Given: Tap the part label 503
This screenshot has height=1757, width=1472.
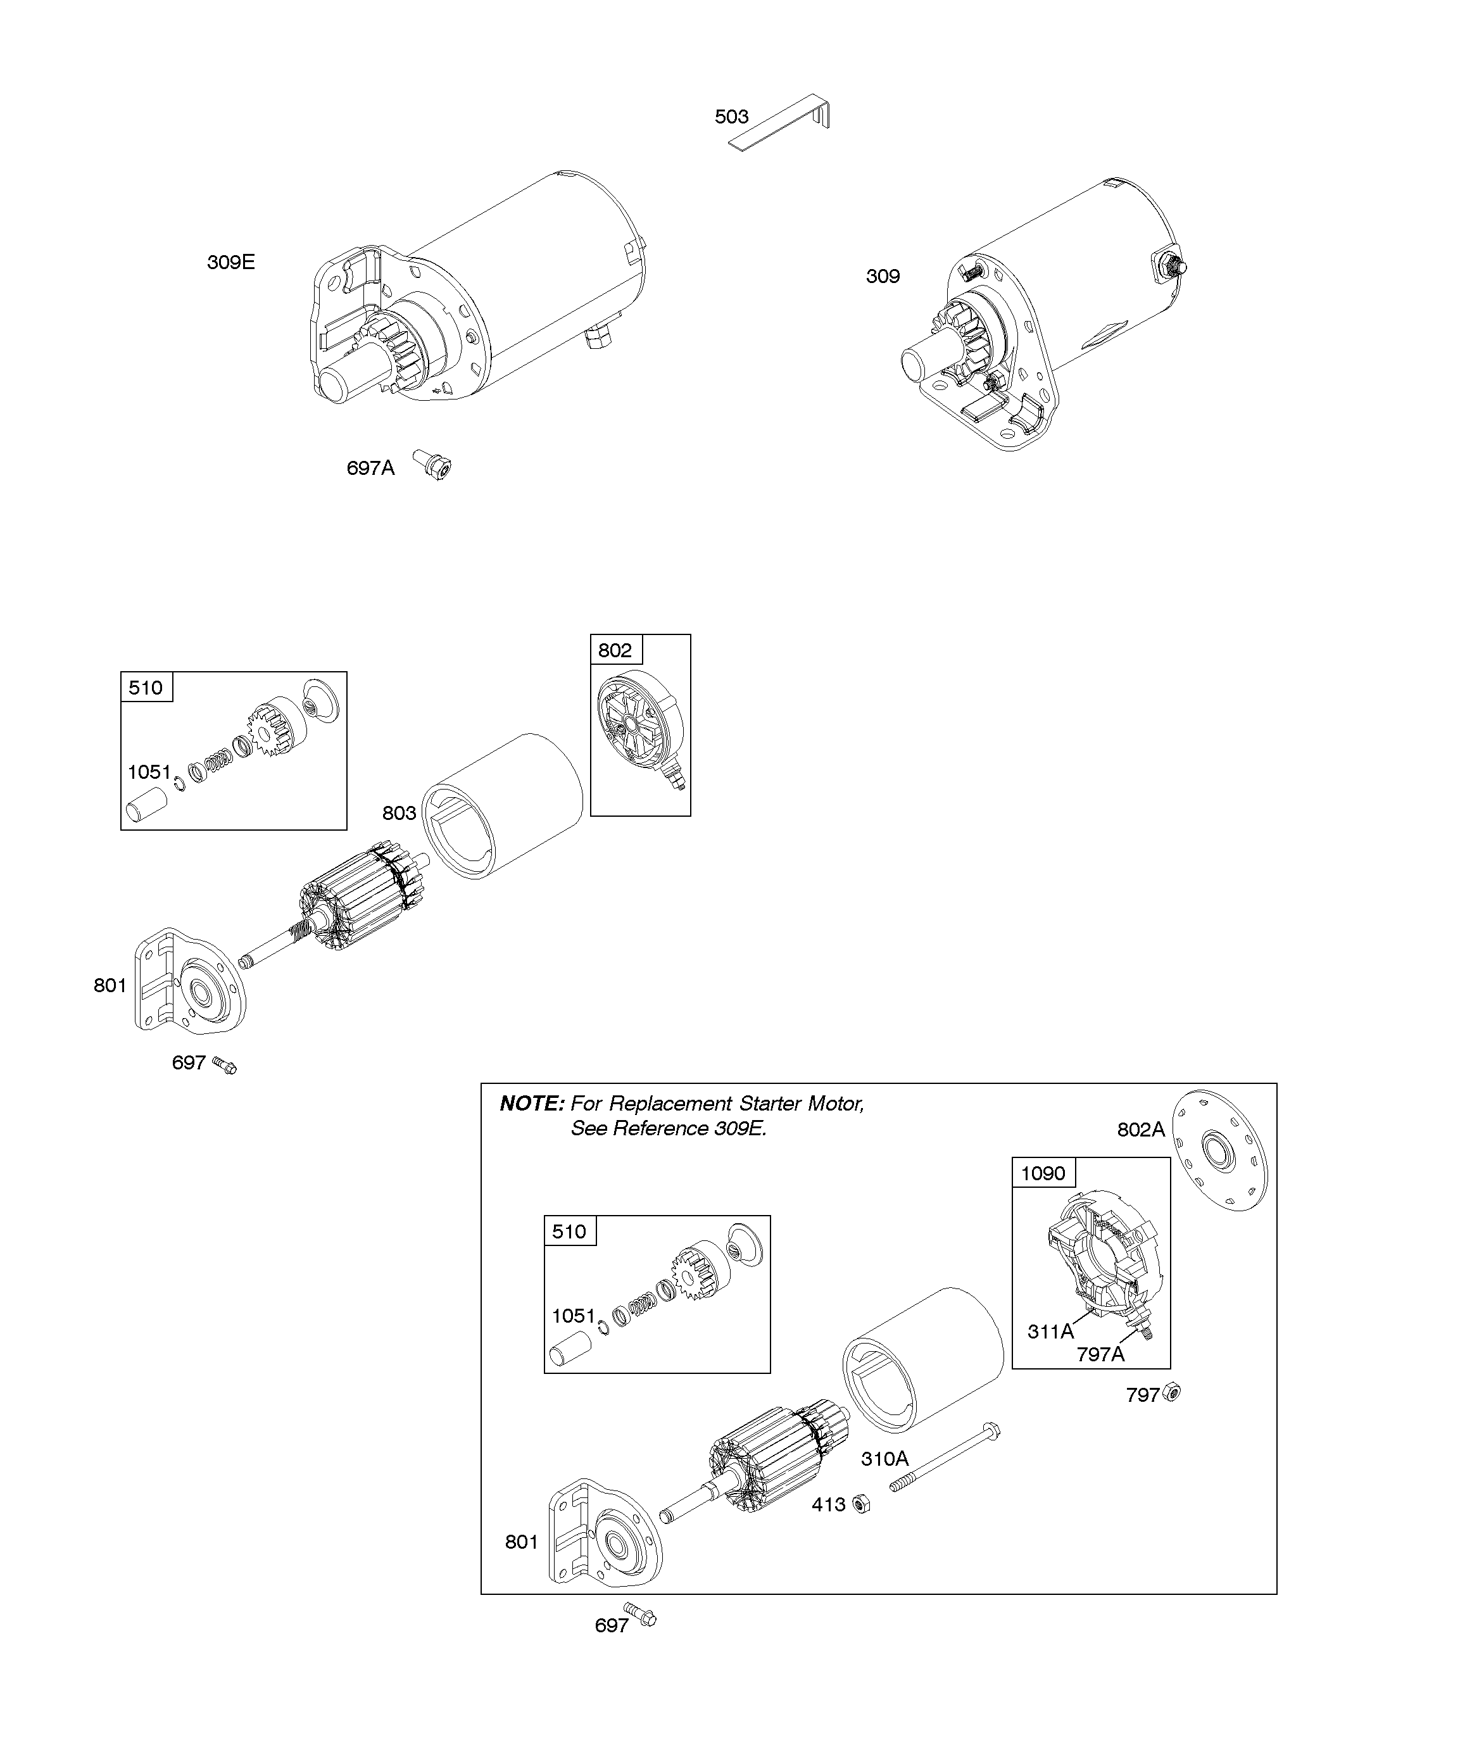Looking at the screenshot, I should click(731, 117).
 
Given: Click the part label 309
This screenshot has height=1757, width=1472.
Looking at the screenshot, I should click(882, 276).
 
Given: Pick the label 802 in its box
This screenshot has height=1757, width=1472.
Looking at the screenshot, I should click(615, 650).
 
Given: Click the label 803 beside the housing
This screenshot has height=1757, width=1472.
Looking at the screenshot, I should click(399, 812).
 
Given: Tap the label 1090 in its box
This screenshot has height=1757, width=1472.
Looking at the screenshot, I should click(1043, 1173).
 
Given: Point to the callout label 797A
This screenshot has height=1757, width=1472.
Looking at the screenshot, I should click(1100, 1354).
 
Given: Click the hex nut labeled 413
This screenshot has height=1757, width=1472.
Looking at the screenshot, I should click(861, 1504).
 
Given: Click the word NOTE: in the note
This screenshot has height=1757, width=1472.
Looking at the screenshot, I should click(532, 1104).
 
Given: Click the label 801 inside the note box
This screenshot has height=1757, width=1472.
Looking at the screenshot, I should click(521, 1541).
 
